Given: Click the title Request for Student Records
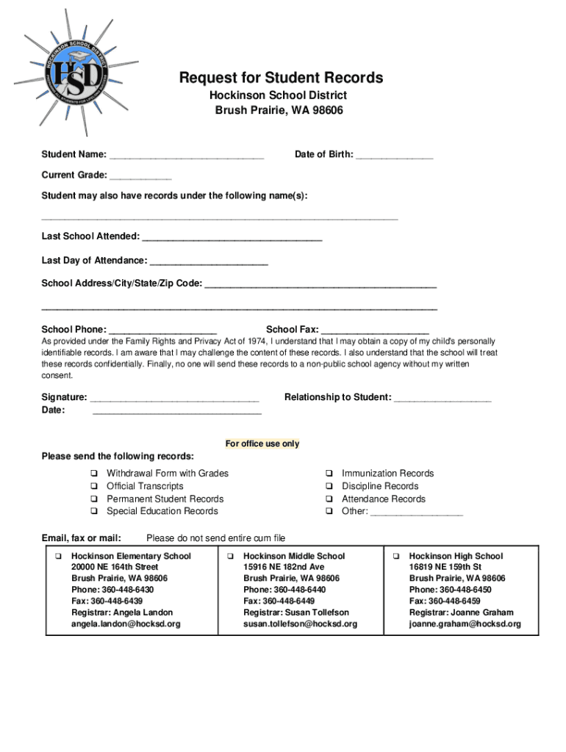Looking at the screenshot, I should tap(282, 78).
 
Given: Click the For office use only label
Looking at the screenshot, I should tap(262, 444).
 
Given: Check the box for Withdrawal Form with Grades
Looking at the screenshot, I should tap(94, 474).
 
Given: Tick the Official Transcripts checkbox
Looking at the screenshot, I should tap(94, 486).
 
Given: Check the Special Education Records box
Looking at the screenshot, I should tap(94, 511).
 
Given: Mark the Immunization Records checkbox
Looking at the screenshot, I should tap(329, 474).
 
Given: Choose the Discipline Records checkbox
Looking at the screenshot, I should tap(329, 486).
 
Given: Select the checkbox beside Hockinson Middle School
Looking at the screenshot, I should tap(230, 556).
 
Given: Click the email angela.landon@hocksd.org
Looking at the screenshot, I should tap(126, 624).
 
